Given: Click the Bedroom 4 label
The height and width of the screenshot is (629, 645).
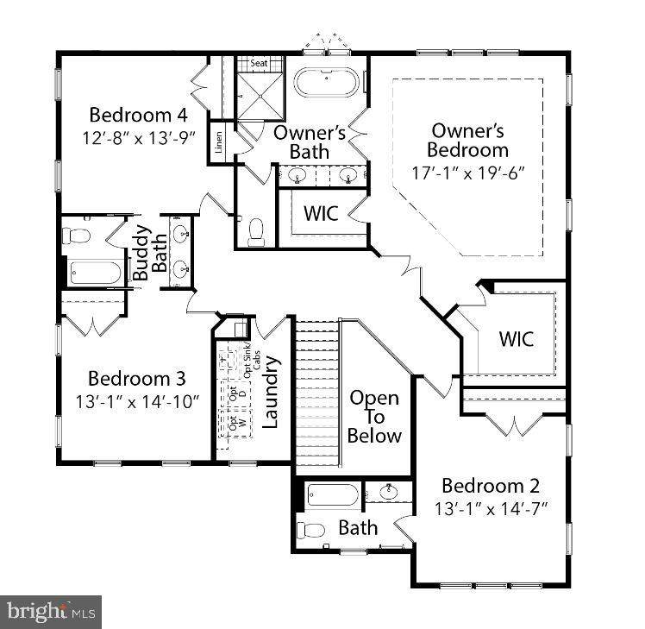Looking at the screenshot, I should click(138, 114).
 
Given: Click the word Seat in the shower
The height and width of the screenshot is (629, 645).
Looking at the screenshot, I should click(259, 64).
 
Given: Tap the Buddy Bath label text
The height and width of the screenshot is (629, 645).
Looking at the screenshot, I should click(150, 253).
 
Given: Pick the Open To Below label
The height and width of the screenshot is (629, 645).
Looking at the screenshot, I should click(374, 417).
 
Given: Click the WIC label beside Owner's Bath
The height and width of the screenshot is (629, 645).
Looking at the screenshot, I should click(319, 212).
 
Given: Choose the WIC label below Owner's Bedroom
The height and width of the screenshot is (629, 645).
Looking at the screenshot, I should click(516, 338).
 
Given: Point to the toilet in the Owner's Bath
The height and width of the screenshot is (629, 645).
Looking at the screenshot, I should click(256, 231).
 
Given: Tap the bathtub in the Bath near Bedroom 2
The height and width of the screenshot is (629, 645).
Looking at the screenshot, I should click(332, 496).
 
